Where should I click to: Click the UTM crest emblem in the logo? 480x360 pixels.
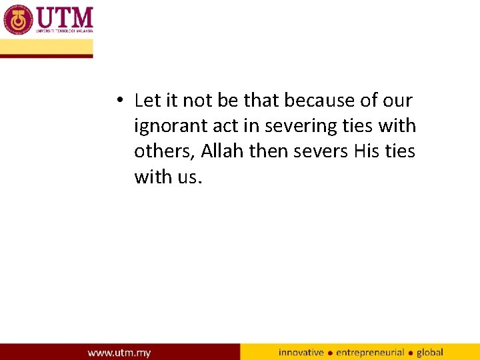(18, 19)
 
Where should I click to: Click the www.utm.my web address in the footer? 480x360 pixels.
(119, 352)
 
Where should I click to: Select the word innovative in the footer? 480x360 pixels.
(301, 352)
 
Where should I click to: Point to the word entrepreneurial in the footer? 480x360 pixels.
(371, 352)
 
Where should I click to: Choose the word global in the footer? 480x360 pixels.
(430, 352)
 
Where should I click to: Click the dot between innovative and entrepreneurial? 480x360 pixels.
(330, 353)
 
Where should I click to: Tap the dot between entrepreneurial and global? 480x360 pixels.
(411, 353)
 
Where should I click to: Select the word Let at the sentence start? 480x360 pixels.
(145, 100)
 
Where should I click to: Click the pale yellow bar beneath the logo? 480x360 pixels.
(47, 47)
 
